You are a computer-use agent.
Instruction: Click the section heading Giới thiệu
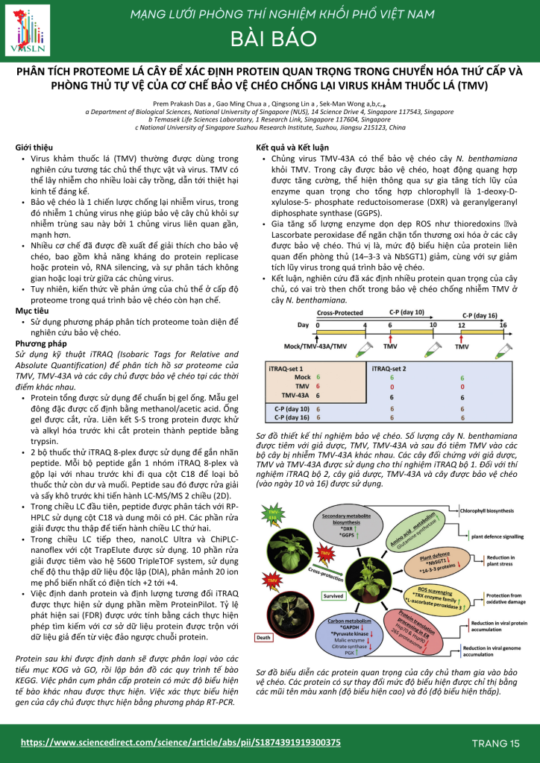click(x=34, y=149)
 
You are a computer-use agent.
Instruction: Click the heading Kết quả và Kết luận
click(x=293, y=149)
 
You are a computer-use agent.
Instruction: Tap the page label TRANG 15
click(x=495, y=743)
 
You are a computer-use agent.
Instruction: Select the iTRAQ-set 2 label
click(x=389, y=369)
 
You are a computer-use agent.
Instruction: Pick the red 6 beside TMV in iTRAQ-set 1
click(x=318, y=387)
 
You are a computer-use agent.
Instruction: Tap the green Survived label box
click(x=333, y=617)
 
